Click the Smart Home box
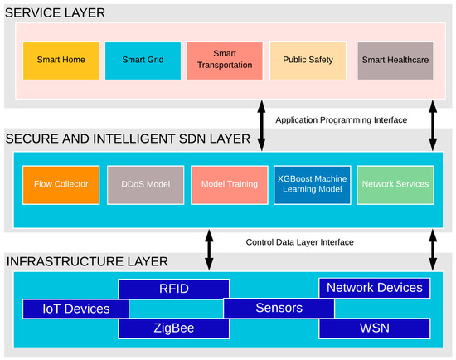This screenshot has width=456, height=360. (61, 60)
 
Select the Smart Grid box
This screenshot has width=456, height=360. (143, 60)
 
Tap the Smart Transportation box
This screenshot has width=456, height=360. (226, 60)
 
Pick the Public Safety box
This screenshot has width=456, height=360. (308, 60)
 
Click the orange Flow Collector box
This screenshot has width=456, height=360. (61, 184)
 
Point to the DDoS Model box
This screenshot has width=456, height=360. (145, 184)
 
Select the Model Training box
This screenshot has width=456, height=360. (230, 184)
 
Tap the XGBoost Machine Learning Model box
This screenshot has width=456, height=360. (313, 184)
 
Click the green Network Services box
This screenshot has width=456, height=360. (395, 184)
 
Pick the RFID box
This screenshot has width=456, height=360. (173, 289)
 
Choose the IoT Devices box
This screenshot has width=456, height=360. (75, 309)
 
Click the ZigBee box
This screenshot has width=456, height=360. (173, 328)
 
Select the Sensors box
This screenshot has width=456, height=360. (279, 309)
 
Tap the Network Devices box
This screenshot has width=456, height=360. (375, 288)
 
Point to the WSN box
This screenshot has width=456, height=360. (375, 328)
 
